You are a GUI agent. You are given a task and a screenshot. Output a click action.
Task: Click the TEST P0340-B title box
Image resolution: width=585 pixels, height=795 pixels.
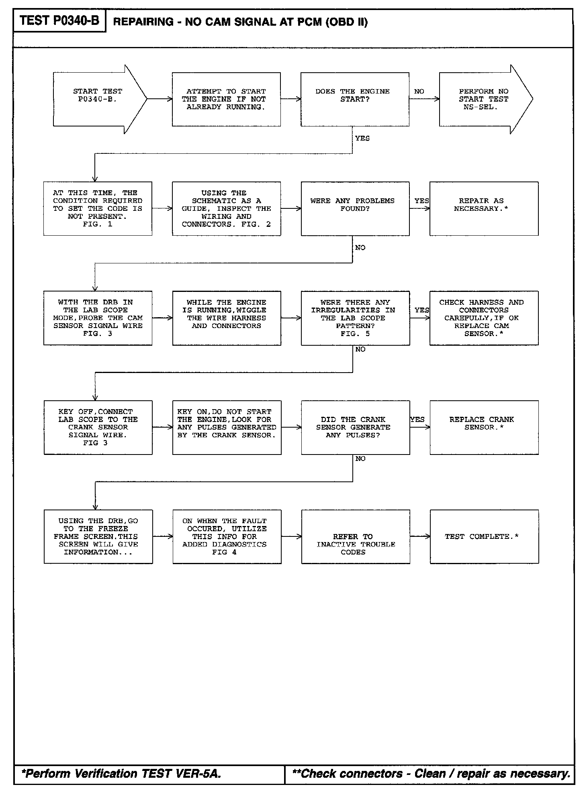coord(59,21)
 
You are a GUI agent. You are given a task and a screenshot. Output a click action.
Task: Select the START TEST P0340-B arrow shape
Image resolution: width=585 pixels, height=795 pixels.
coord(98,99)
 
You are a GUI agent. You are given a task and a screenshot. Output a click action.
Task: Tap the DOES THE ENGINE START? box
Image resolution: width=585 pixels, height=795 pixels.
coord(355,99)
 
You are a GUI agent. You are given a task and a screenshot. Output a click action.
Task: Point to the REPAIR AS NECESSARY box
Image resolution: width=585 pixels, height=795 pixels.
coord(484,208)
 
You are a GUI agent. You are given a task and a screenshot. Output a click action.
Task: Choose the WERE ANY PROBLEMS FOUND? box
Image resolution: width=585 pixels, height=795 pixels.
coord(355,208)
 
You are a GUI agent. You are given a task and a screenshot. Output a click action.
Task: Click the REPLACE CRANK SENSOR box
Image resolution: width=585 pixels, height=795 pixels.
coord(484,427)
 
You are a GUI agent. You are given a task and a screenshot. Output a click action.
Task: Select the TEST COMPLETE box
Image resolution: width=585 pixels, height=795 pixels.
coord(484,536)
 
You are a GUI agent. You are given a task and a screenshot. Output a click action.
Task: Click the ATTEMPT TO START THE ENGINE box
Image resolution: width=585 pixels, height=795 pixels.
coord(226,99)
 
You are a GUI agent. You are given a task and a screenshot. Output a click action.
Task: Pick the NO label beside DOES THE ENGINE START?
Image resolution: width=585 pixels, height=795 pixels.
coord(419,92)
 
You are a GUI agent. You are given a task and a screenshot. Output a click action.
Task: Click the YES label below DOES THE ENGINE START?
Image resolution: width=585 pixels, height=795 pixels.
coord(362,138)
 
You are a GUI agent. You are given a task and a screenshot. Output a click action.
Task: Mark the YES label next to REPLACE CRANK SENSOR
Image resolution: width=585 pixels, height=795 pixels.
coord(417,419)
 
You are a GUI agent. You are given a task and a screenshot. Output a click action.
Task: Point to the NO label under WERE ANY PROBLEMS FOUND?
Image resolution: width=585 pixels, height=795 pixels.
coord(360,248)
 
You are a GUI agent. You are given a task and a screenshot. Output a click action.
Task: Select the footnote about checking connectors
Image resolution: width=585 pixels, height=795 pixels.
coord(431,774)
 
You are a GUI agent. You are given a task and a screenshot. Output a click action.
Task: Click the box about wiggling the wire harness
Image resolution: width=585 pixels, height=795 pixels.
coord(227,318)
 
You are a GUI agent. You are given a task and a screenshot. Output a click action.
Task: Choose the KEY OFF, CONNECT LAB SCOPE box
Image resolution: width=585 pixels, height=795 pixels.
coord(98,427)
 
